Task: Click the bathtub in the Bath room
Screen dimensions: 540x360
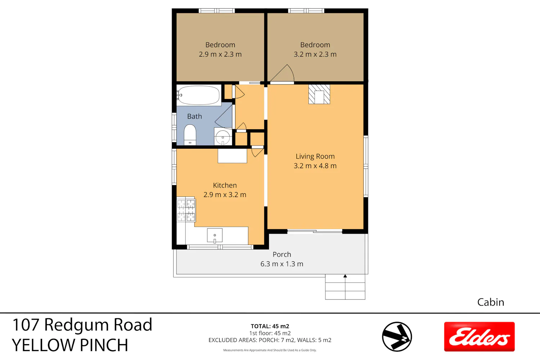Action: tap(199, 95)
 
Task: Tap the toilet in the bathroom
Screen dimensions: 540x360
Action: tap(190, 135)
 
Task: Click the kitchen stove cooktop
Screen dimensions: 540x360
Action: tap(186, 209)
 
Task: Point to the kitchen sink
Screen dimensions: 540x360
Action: tap(215, 235)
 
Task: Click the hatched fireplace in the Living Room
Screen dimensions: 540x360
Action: tap(319, 94)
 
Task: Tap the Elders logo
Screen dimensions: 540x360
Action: tap(480, 337)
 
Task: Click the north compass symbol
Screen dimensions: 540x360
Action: tap(397, 337)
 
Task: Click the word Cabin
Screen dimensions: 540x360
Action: tap(491, 302)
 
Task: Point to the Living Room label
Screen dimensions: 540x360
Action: tap(315, 156)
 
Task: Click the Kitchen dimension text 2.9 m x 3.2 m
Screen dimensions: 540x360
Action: tap(225, 195)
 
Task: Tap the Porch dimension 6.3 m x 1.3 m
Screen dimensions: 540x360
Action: tap(282, 264)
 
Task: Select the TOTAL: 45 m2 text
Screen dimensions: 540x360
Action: tap(270, 326)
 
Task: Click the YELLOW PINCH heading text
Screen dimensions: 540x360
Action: tap(70, 345)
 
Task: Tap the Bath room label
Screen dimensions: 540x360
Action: tap(194, 116)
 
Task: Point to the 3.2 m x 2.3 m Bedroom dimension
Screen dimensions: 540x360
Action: tap(315, 54)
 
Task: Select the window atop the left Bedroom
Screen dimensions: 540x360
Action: tap(217, 11)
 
